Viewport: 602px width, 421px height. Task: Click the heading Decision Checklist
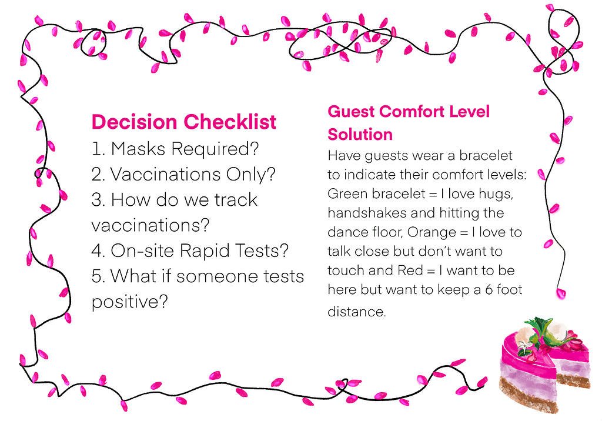click(x=183, y=122)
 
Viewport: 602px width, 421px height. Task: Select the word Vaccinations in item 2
click(x=165, y=175)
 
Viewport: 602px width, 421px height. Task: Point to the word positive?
click(x=130, y=302)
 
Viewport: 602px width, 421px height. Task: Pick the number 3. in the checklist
click(x=99, y=200)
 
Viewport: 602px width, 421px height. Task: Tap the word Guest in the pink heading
click(x=351, y=112)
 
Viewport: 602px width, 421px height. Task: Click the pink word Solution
click(x=360, y=135)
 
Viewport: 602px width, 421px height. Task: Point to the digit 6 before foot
click(x=489, y=290)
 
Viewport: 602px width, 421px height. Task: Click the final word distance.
click(x=357, y=311)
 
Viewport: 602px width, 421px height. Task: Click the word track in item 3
click(x=235, y=200)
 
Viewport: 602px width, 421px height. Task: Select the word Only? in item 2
click(x=250, y=175)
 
